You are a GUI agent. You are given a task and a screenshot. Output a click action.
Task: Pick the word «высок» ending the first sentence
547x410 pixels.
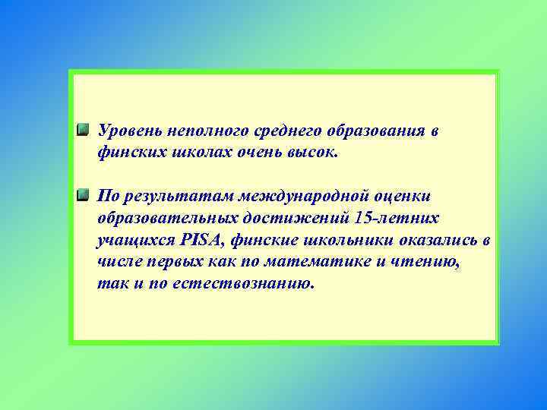[311, 153]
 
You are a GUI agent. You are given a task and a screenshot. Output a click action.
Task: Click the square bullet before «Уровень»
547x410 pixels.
[84, 130]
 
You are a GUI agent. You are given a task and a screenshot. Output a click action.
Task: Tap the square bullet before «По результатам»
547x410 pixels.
[84, 196]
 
